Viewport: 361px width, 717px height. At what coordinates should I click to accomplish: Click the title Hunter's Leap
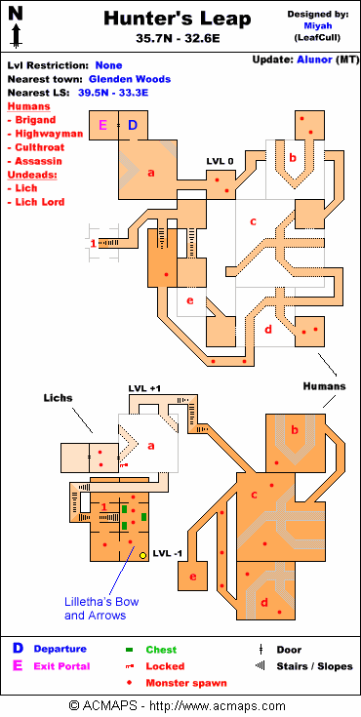click(177, 20)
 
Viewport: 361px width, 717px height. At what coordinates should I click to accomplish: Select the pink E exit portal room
click(103, 125)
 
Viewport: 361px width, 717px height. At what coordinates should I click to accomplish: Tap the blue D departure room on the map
click(133, 125)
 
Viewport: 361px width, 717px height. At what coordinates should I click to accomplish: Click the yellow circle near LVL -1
click(142, 555)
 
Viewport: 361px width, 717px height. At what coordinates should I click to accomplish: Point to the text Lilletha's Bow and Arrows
click(101, 609)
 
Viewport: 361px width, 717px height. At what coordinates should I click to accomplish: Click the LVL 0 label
click(220, 161)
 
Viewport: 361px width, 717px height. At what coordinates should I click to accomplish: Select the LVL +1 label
click(144, 388)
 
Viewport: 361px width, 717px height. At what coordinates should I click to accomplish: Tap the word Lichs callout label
click(59, 398)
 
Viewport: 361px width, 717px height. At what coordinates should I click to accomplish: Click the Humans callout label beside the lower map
click(324, 386)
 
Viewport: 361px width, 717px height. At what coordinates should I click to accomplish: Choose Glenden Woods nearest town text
click(130, 79)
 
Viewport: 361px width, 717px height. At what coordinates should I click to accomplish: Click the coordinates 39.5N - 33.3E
click(113, 93)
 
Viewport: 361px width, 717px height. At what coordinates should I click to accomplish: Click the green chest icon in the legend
click(130, 650)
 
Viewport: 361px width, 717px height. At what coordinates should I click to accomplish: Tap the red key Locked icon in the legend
click(130, 666)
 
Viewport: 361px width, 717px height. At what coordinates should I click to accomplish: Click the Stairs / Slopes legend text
click(314, 666)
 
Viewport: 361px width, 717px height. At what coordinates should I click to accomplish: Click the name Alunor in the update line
click(314, 60)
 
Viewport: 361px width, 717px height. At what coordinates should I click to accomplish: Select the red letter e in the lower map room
click(192, 577)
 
